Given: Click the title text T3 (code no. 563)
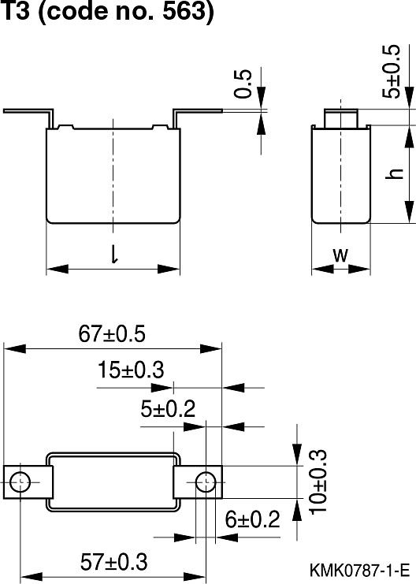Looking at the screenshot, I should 109,13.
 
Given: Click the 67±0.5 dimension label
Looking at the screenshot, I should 113,334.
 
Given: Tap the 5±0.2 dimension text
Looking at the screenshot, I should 168,409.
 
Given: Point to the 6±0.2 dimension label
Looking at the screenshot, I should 253,520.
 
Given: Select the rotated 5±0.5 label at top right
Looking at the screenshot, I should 392,70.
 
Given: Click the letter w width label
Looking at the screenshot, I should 340,254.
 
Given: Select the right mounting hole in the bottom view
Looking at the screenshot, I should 204,480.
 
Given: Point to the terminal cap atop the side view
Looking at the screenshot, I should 340,117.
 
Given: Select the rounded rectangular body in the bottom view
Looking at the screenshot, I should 113,480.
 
